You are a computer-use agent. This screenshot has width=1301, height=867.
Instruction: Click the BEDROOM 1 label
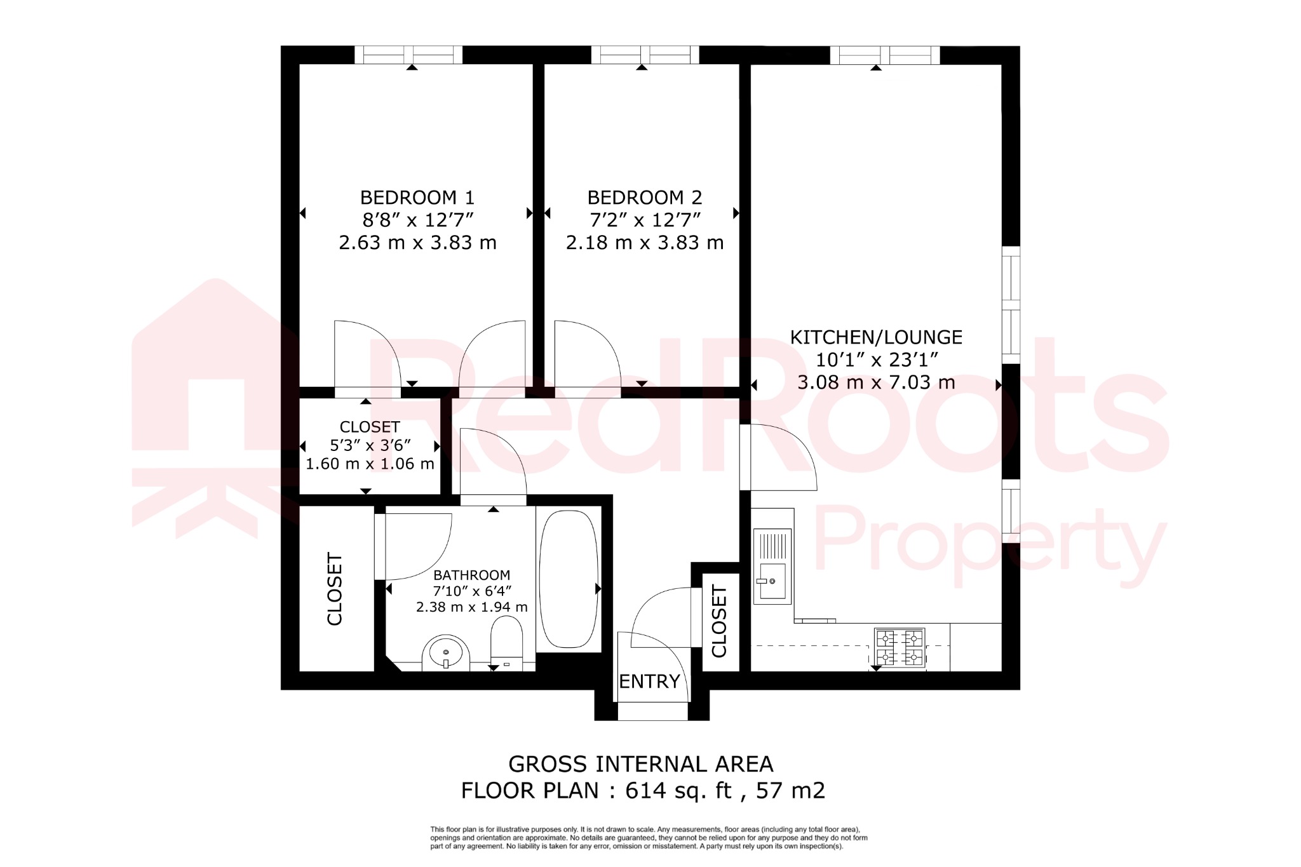click(x=417, y=198)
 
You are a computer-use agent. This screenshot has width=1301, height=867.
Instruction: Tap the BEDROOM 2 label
click(x=644, y=198)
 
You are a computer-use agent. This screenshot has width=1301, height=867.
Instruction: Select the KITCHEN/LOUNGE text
click(x=876, y=337)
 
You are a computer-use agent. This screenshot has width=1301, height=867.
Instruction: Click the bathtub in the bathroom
click(x=569, y=579)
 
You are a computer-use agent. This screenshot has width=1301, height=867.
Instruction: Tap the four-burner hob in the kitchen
click(x=899, y=647)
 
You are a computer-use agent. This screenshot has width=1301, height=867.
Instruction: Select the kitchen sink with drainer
click(x=772, y=565)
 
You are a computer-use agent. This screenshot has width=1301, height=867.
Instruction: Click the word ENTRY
click(x=649, y=682)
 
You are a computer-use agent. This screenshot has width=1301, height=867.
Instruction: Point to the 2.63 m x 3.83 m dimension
click(x=417, y=243)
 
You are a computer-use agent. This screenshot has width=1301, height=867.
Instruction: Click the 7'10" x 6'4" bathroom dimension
click(x=471, y=591)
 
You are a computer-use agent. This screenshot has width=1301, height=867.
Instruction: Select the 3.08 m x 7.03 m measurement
click(x=876, y=382)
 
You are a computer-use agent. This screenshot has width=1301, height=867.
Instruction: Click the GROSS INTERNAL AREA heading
click(x=641, y=763)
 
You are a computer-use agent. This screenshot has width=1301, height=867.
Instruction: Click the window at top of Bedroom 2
click(x=645, y=55)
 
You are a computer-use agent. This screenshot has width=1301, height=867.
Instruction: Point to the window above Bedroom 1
click(x=408, y=55)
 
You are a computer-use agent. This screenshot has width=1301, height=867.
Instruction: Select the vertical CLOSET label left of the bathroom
click(x=335, y=589)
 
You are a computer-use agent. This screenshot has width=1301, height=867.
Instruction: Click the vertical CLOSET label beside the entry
click(x=719, y=621)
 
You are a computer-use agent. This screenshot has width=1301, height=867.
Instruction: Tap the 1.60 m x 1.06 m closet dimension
click(x=370, y=464)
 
